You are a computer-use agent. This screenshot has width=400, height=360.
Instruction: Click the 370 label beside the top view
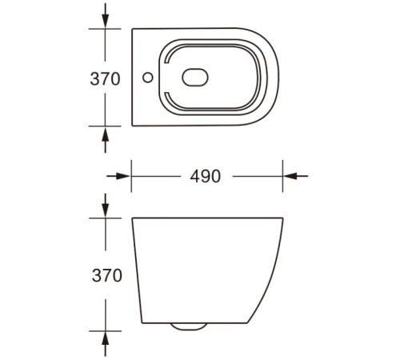pyautogui.click(x=105, y=79)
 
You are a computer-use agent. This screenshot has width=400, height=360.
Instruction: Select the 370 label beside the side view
pyautogui.click(x=105, y=276)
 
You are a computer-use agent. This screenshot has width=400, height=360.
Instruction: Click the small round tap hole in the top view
pyautogui.click(x=146, y=78)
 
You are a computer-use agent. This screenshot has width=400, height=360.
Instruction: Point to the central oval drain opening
pyautogui.click(x=196, y=78)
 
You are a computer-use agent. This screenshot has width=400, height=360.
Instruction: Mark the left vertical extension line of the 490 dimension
pyautogui.click(x=130, y=177)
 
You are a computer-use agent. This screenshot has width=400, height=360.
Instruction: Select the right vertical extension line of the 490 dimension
pyautogui.click(x=283, y=177)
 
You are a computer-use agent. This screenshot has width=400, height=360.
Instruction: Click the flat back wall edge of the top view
pyautogui.click(x=131, y=78)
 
